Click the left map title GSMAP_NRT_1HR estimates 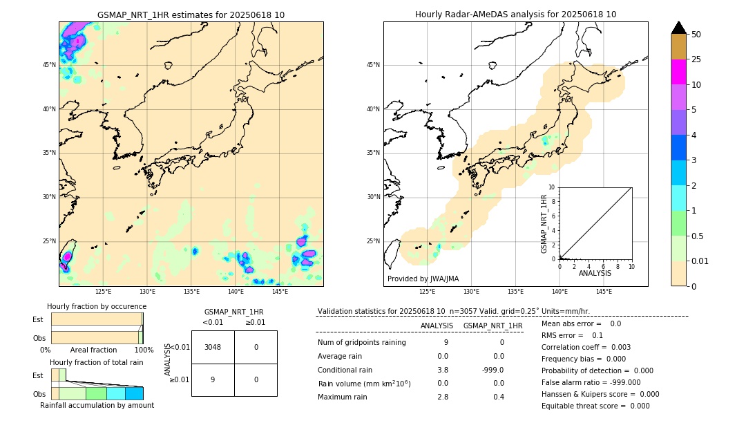tap(191, 15)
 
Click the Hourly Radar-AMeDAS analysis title tap(515, 15)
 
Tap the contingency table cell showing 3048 tap(213, 347)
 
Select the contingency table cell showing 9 tap(213, 379)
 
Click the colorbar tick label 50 tap(696, 35)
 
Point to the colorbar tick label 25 tap(696, 59)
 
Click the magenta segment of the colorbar tap(678, 72)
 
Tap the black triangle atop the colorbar tap(678, 28)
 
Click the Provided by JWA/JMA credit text tap(423, 279)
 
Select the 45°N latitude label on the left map tap(49, 65)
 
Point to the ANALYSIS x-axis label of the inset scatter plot tap(595, 273)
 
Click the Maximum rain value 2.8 tap(443, 397)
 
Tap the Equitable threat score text tap(595, 406)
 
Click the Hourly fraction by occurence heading tap(97, 306)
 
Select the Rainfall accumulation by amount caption tap(97, 405)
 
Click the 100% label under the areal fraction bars tap(143, 350)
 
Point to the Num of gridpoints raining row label tap(361, 342)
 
